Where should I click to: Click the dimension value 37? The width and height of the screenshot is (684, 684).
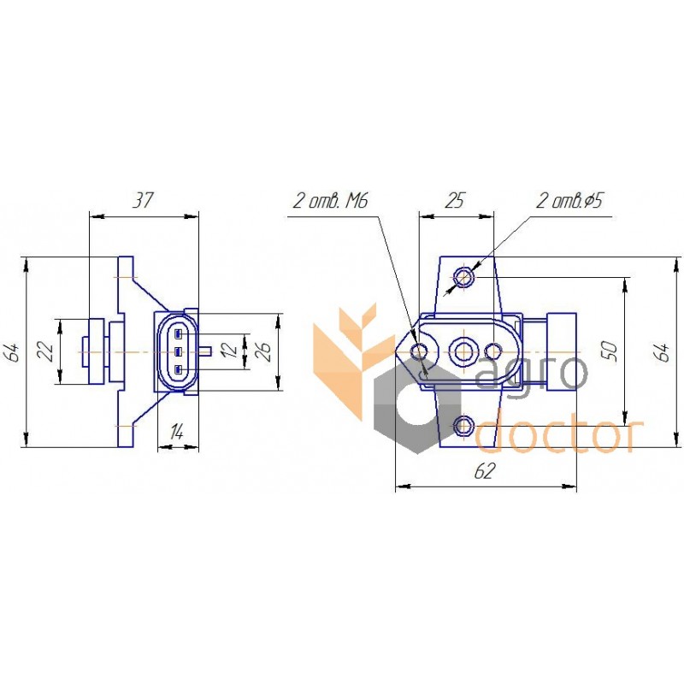[142, 200]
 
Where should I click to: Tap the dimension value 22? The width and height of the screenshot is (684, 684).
[47, 351]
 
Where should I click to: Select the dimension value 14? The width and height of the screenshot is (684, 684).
[177, 432]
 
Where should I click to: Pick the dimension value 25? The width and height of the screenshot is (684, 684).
[455, 200]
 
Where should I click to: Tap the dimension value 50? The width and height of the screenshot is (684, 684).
[610, 351]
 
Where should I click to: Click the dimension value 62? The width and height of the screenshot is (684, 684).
[486, 471]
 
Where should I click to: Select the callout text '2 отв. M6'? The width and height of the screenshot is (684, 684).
[330, 201]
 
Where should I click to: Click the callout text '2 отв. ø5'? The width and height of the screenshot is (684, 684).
[569, 201]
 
